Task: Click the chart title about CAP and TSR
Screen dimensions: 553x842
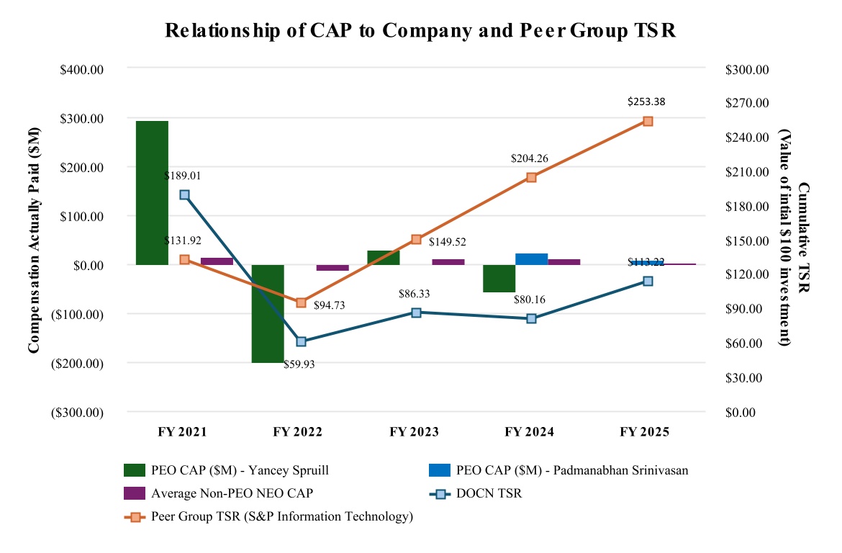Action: coord(420,31)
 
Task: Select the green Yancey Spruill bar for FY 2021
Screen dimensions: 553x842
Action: coord(152,192)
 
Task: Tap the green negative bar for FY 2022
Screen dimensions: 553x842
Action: coord(268,313)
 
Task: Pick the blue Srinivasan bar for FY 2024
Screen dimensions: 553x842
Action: coord(531,259)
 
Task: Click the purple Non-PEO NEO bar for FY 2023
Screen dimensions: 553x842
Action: coord(448,262)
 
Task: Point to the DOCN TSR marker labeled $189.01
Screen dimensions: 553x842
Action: coord(185,195)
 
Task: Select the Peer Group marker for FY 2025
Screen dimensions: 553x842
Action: coord(648,122)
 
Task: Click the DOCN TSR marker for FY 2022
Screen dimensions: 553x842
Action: coord(301,341)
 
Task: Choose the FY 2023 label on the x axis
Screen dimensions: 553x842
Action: coord(415,433)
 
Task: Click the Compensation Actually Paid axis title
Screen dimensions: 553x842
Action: coord(33,240)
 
